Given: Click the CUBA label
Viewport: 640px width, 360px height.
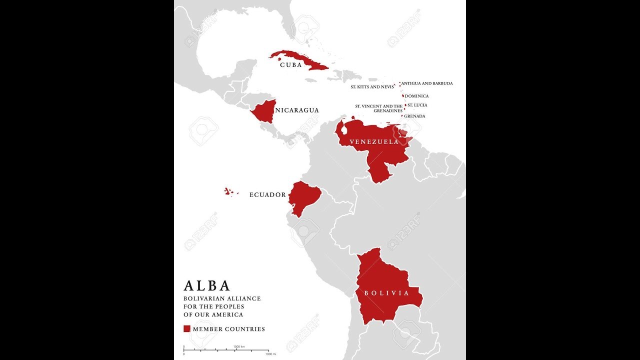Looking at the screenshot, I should (290, 65).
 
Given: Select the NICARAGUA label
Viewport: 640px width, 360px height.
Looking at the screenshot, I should (297, 110).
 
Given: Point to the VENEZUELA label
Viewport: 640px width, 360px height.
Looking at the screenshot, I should (374, 142).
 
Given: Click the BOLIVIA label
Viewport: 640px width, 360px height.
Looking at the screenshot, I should (386, 293).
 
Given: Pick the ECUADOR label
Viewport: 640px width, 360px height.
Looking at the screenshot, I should (267, 195).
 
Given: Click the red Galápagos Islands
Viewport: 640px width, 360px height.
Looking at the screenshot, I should (228, 191).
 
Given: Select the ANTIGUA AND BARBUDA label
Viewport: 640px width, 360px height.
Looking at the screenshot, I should (427, 83).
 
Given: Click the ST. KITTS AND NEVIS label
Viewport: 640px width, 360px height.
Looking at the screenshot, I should (372, 87).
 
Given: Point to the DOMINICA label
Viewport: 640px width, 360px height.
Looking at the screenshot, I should (417, 96).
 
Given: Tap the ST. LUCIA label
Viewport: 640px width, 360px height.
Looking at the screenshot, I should (417, 105).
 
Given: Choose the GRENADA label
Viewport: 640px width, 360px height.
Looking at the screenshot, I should (415, 116).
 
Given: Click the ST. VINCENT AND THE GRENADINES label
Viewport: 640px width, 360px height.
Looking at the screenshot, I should (379, 108).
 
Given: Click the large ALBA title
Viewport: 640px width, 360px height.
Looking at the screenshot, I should (207, 285).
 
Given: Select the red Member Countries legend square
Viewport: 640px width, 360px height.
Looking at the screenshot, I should (187, 328).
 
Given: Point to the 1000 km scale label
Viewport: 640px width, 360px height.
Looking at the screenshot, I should (239, 346).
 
